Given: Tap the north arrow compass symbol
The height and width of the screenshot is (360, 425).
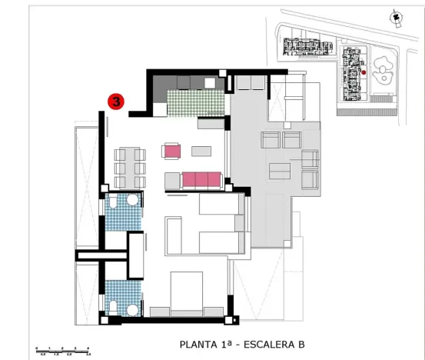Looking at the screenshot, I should pos(395,17).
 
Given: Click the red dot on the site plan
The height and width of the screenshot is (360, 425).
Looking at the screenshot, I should pos(363,73).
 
